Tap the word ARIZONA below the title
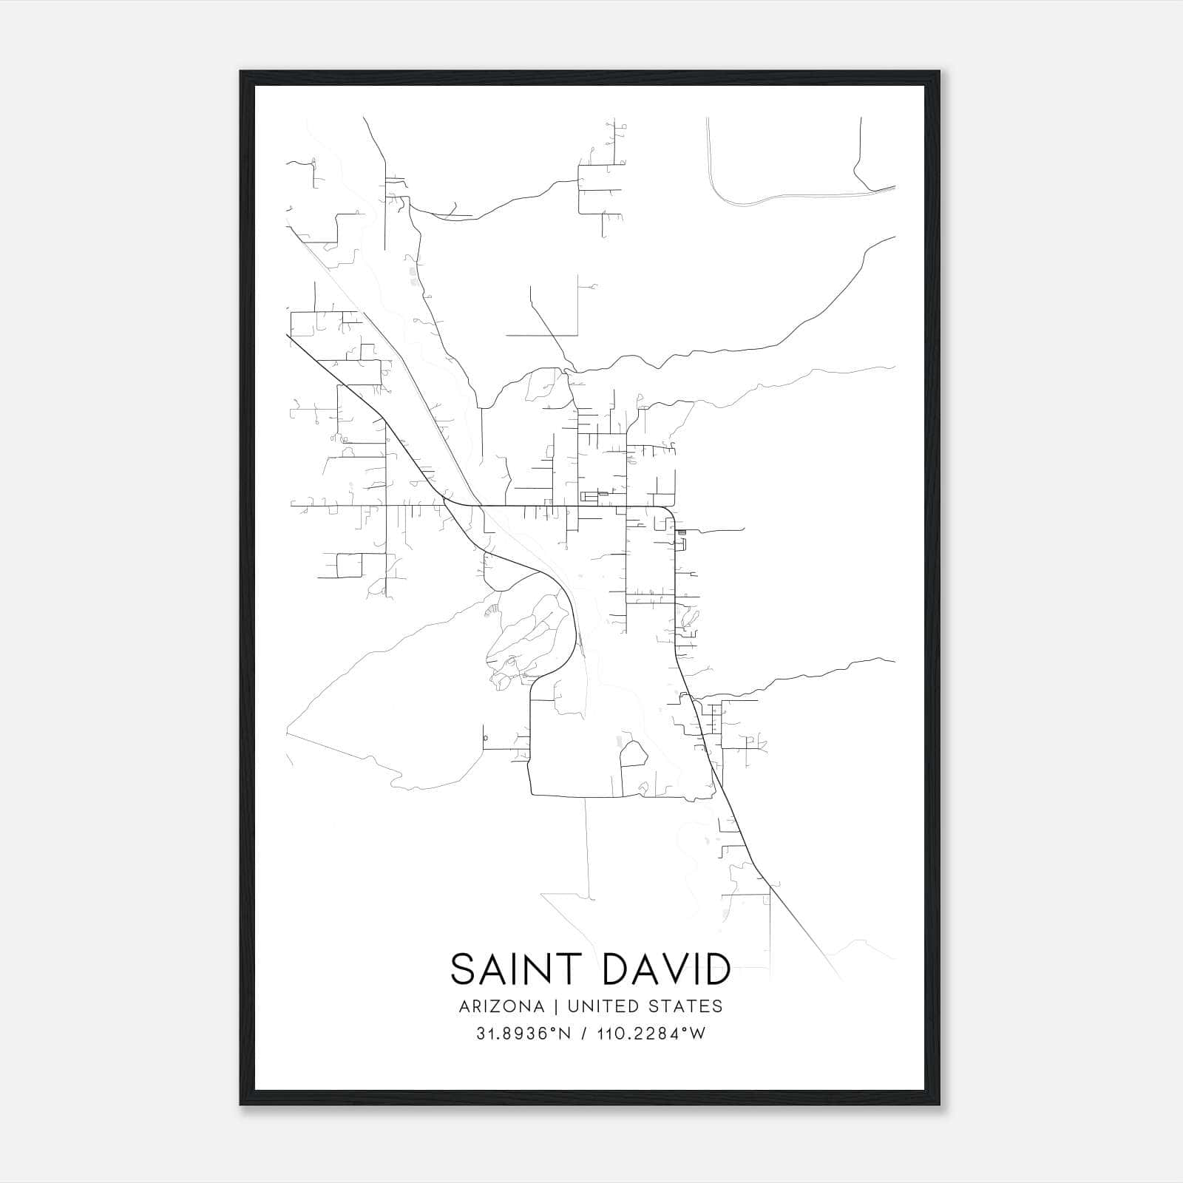click(501, 1006)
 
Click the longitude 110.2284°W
click(649, 1034)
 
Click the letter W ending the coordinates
click(697, 1034)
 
